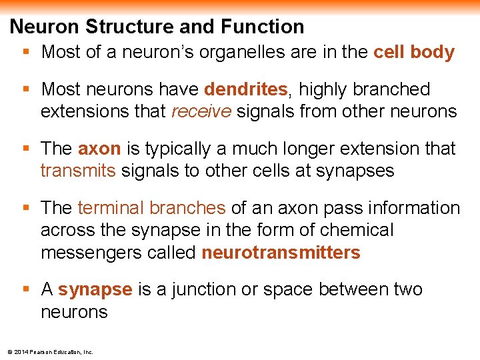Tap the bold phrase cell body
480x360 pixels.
click(414, 53)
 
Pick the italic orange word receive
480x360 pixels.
click(201, 111)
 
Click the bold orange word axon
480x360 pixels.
click(99, 149)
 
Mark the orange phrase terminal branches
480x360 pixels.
click(151, 208)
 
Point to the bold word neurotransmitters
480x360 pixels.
click(281, 253)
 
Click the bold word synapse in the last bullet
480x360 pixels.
click(95, 290)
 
